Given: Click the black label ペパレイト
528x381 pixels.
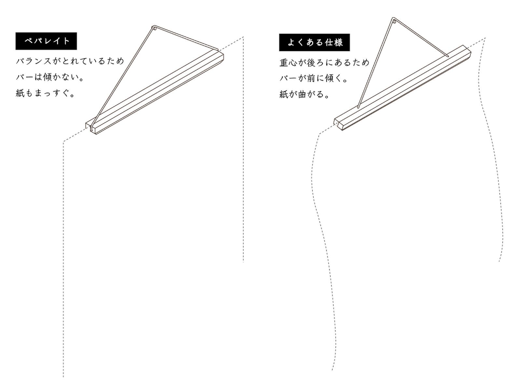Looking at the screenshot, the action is coord(46,41).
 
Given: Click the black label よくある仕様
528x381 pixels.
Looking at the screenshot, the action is coord(314,43).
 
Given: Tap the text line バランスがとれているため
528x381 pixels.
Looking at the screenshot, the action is coord(70,61).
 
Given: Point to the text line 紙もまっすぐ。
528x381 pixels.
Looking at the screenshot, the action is coord(46,94).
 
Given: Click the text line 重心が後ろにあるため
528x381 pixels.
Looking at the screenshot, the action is coord(324,62).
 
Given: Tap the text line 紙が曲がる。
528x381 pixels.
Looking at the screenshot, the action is coord(305,95).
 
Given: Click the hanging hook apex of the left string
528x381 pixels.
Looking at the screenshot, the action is coord(154,27).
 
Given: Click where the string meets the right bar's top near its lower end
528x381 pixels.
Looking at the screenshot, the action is coord(358,107).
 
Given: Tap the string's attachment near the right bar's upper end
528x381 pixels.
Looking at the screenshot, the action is coord(449,56).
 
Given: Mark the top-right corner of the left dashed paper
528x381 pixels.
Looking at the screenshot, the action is coord(243,38).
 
